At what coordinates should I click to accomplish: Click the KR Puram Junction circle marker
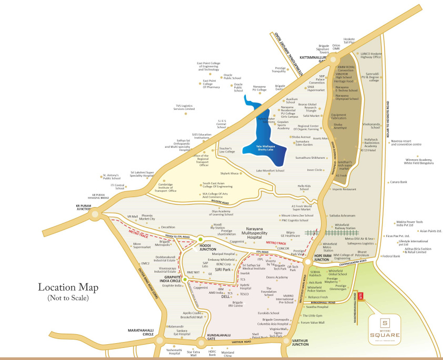95,214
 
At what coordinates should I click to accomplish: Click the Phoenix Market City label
147,217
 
